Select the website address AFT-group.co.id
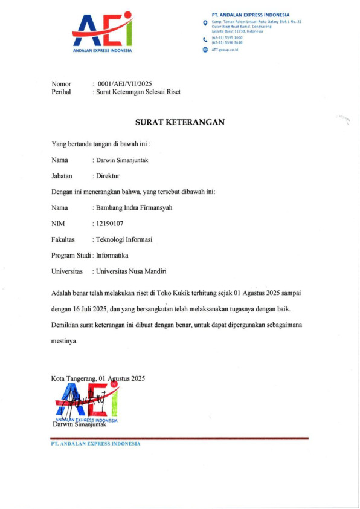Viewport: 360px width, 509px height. coord(225,50)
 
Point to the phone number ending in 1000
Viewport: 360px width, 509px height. coord(227,37)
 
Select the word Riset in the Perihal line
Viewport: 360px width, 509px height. coord(172,92)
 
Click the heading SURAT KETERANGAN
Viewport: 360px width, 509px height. coord(180,122)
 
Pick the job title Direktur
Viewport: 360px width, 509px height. coord(108,176)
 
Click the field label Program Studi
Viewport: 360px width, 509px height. coord(71,255)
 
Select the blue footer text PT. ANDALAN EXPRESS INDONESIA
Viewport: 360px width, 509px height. coord(95,444)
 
